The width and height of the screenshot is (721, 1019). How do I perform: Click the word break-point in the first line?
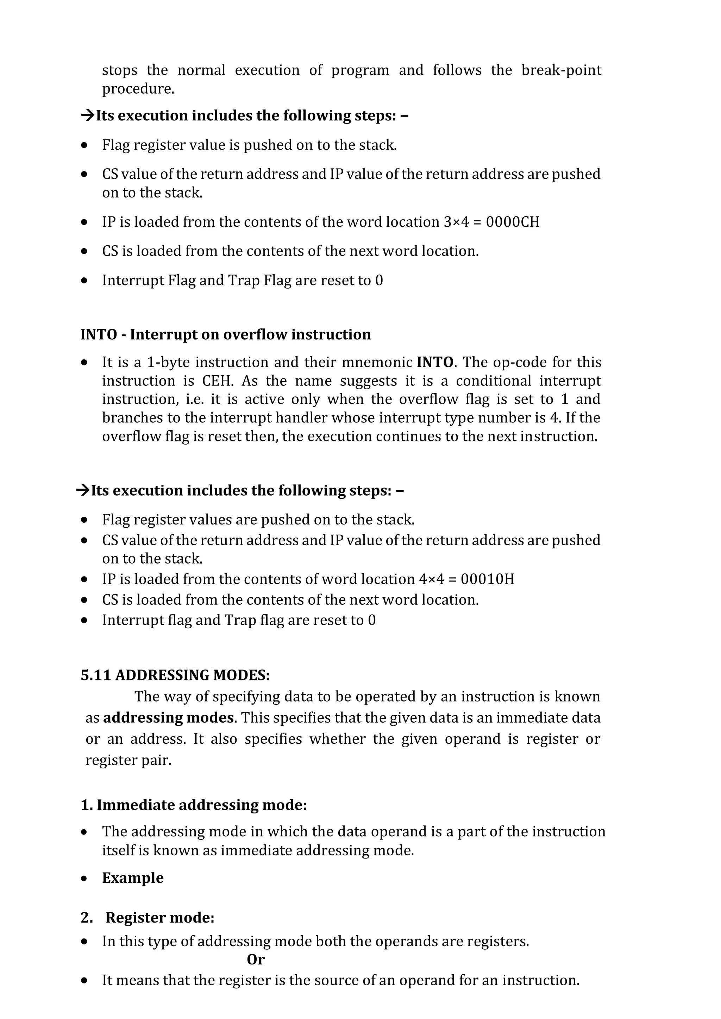tap(561, 70)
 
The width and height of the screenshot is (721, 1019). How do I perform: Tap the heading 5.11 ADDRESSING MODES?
tap(175, 675)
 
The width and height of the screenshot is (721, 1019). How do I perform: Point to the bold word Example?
tap(133, 878)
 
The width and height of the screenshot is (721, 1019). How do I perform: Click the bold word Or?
tap(256, 960)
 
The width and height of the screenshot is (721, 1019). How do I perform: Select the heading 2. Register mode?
tap(148, 917)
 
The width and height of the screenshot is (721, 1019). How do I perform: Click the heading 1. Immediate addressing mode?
tap(194, 805)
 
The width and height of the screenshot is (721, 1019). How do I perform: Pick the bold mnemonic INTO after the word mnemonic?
tap(435, 362)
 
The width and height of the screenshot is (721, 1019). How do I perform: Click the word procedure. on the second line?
tap(138, 89)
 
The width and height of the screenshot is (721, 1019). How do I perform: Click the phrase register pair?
tap(128, 760)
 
